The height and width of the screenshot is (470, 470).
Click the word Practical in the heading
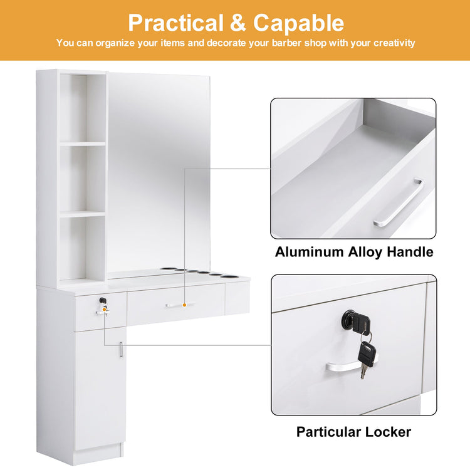pyautogui.click(x=176, y=23)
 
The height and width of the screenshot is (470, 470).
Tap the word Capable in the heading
pyautogui.click(x=298, y=23)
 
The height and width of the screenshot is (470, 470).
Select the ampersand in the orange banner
pyautogui.click(x=238, y=23)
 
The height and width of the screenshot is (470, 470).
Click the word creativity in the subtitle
pyautogui.click(x=394, y=43)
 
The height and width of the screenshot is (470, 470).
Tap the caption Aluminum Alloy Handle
pyautogui.click(x=354, y=252)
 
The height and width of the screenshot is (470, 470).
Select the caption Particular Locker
pyautogui.click(x=353, y=432)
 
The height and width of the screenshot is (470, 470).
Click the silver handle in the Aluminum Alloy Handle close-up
pyautogui.click(x=399, y=203)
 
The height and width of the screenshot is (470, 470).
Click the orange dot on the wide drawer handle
pyautogui.click(x=184, y=305)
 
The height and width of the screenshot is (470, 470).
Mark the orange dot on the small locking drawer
pyautogui.click(x=104, y=309)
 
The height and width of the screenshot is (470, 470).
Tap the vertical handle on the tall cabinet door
pyautogui.click(x=122, y=350)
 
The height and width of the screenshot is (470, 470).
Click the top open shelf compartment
pyautogui.click(x=83, y=108)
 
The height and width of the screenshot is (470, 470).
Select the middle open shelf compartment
pyautogui.click(x=83, y=179)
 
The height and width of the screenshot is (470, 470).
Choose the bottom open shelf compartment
pyautogui.click(x=83, y=248)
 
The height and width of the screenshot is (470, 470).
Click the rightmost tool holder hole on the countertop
pyautogui.click(x=227, y=276)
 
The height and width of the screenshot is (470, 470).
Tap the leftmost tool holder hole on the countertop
pyautogui.click(x=165, y=269)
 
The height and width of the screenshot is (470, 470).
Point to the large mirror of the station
pyautogui.click(x=159, y=174)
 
